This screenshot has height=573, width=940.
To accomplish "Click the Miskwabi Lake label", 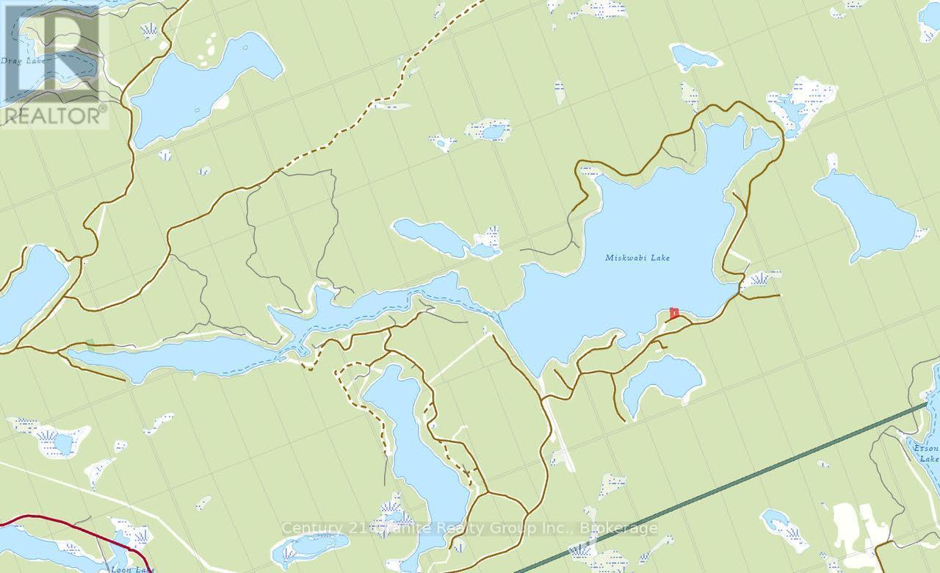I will [x=637, y=258].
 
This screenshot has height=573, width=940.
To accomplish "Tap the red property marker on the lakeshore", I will [x=673, y=313].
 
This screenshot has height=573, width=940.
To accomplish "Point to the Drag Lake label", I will [x=22, y=60].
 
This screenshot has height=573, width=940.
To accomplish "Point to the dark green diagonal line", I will [x=734, y=481].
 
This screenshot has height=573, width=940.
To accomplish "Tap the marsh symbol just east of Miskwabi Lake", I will [x=759, y=278].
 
